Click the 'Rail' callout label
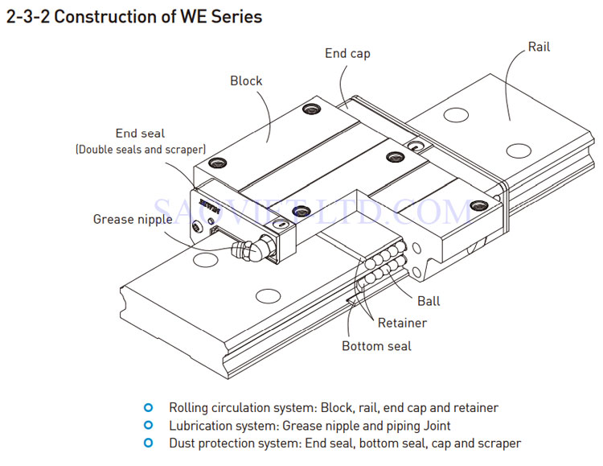[x=539, y=47]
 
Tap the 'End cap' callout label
[x=347, y=53]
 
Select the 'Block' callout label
[x=246, y=80]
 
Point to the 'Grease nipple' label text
[x=133, y=219]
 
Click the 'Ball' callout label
[x=429, y=301]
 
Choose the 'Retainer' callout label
[x=402, y=323]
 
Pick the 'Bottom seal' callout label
[x=376, y=346]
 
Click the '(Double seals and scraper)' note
[x=141, y=150]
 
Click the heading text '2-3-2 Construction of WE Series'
[x=134, y=17]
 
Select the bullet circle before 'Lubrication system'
[x=147, y=425]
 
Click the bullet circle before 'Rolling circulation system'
[x=147, y=407]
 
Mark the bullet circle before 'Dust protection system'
[x=147, y=443]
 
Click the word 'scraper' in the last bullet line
[x=499, y=443]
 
